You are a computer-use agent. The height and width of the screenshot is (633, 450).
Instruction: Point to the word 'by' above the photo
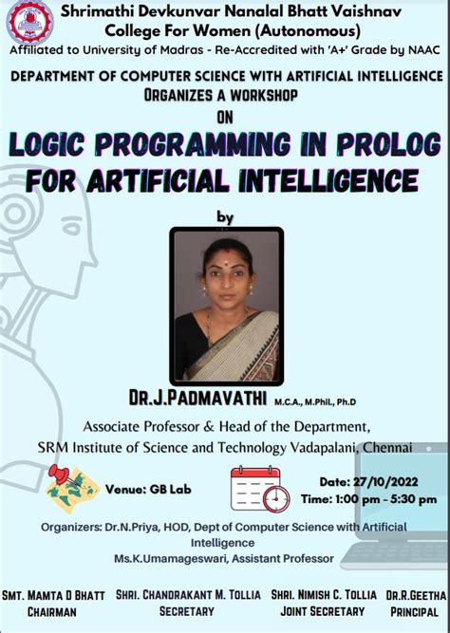point(225,216)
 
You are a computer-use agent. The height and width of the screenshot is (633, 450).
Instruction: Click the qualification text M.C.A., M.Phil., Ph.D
point(314,401)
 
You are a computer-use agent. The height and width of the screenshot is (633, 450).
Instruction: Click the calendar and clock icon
point(259,489)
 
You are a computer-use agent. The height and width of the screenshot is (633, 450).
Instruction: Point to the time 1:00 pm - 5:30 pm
point(369,498)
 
